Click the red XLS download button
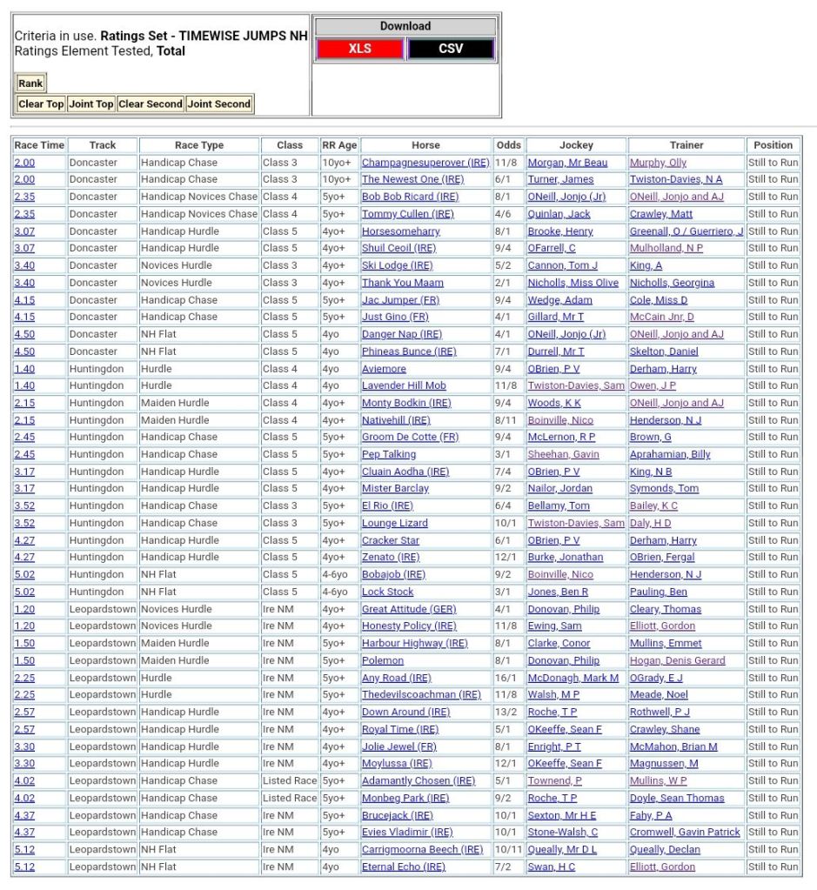[x=359, y=49]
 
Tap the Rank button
[x=30, y=84]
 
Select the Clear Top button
[x=41, y=104]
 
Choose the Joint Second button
[x=219, y=104]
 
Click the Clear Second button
[x=151, y=104]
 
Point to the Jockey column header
[x=576, y=145]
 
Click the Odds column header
[x=508, y=145]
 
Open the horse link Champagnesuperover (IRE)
[x=425, y=163]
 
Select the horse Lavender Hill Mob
[x=404, y=385]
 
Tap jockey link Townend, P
[x=555, y=780]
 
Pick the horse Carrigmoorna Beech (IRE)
[x=422, y=849]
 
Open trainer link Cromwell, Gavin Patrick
[x=685, y=832]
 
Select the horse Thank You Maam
[x=403, y=283]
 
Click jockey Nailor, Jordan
[x=559, y=489]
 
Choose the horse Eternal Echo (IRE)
[x=404, y=867]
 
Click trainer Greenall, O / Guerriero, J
[x=686, y=231]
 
